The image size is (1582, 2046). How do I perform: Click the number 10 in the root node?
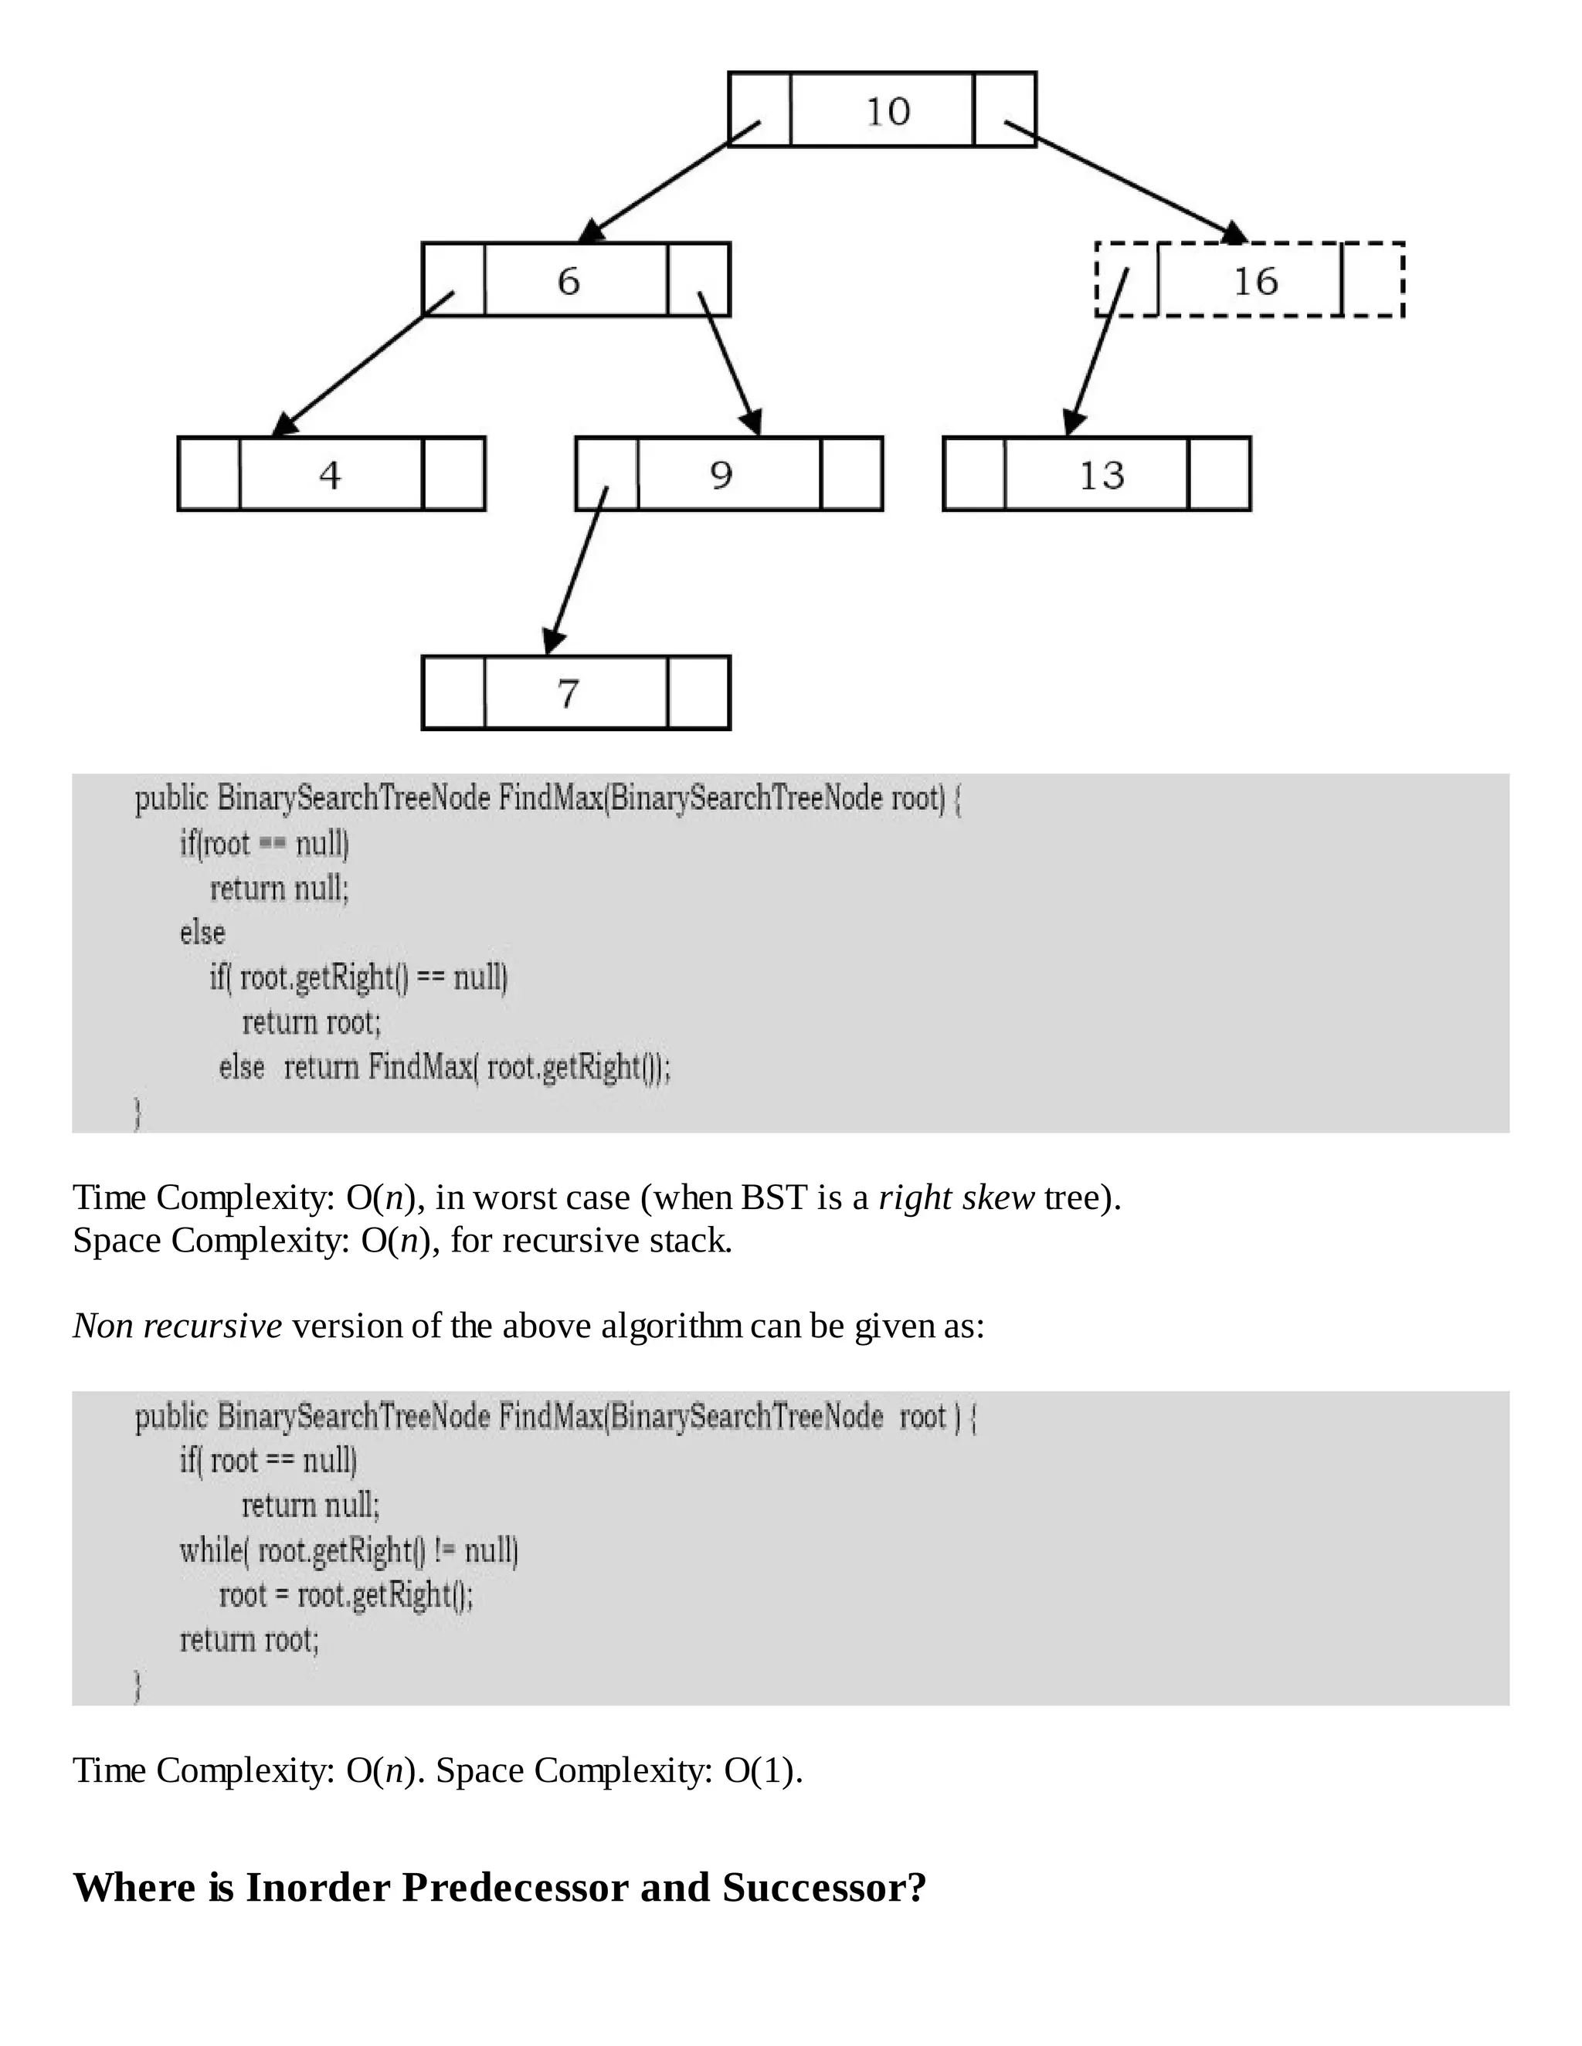click(x=887, y=111)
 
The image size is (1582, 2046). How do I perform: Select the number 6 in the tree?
click(x=569, y=281)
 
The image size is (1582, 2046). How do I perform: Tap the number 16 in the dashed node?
click(x=1255, y=281)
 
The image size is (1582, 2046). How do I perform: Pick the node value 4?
click(x=330, y=475)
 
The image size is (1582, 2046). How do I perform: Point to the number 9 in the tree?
click(x=721, y=475)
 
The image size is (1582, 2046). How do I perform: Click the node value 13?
click(x=1102, y=475)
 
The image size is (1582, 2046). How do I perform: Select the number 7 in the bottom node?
click(x=568, y=694)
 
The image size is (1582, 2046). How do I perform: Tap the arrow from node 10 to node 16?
click(x=1125, y=180)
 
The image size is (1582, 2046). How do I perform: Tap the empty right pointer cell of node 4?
click(x=453, y=474)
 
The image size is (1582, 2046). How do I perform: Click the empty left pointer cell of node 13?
click(x=975, y=474)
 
